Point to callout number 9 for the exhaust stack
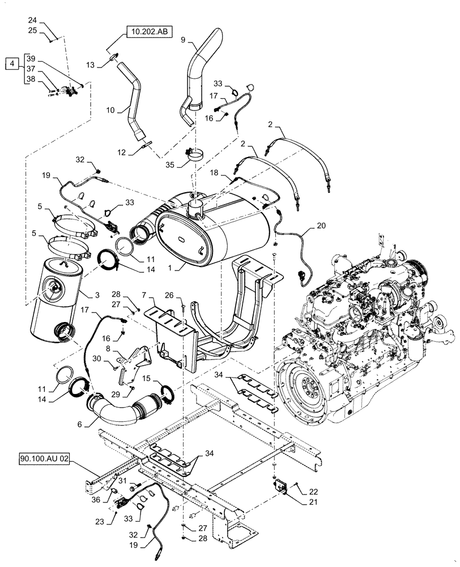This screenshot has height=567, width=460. [182, 40]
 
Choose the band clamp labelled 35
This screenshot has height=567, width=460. [191, 154]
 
